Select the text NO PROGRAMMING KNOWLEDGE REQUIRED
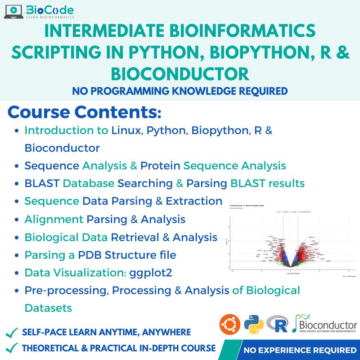click(x=180, y=91)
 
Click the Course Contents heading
click(x=84, y=112)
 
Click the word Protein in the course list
click(x=161, y=166)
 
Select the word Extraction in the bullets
click(x=194, y=201)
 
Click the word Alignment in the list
click(x=54, y=219)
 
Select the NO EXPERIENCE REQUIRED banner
click(x=299, y=350)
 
